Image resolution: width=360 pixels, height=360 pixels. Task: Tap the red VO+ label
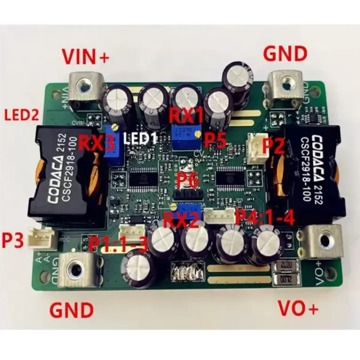[x=298, y=308]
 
